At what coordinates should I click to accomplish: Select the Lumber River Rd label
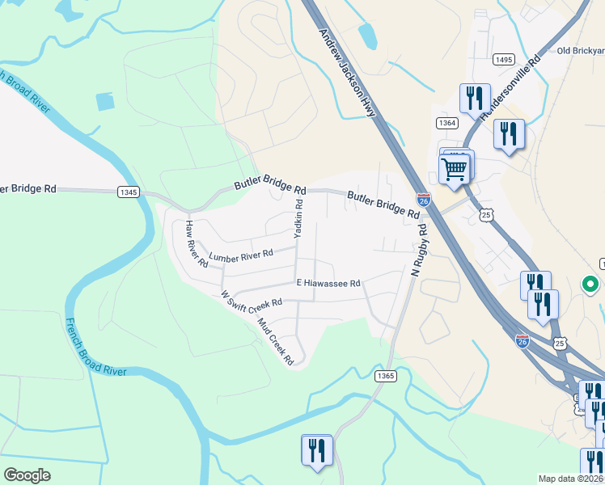coord(241,255)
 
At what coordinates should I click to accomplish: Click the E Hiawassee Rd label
coord(328,283)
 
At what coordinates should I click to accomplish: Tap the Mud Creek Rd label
coord(275,340)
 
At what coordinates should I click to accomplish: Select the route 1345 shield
coord(128,192)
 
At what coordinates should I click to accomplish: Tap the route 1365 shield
coord(386,376)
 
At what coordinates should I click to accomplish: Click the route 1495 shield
coord(503,59)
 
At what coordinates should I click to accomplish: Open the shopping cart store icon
coord(455,170)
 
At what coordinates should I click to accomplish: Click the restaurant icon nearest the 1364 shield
coord(472,99)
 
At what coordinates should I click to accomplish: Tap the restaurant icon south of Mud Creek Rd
coord(316,450)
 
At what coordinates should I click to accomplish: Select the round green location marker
coord(590,285)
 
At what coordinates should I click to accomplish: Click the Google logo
coord(27,475)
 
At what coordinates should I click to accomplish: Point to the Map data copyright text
coord(571,479)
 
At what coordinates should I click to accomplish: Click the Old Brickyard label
coord(581,50)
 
